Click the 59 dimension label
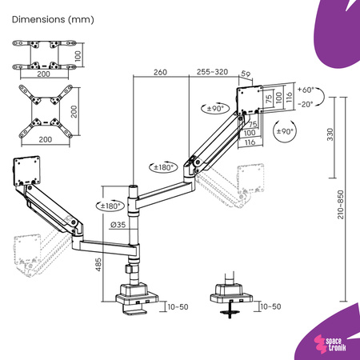coord(246,76)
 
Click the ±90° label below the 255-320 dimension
coord(214,109)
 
